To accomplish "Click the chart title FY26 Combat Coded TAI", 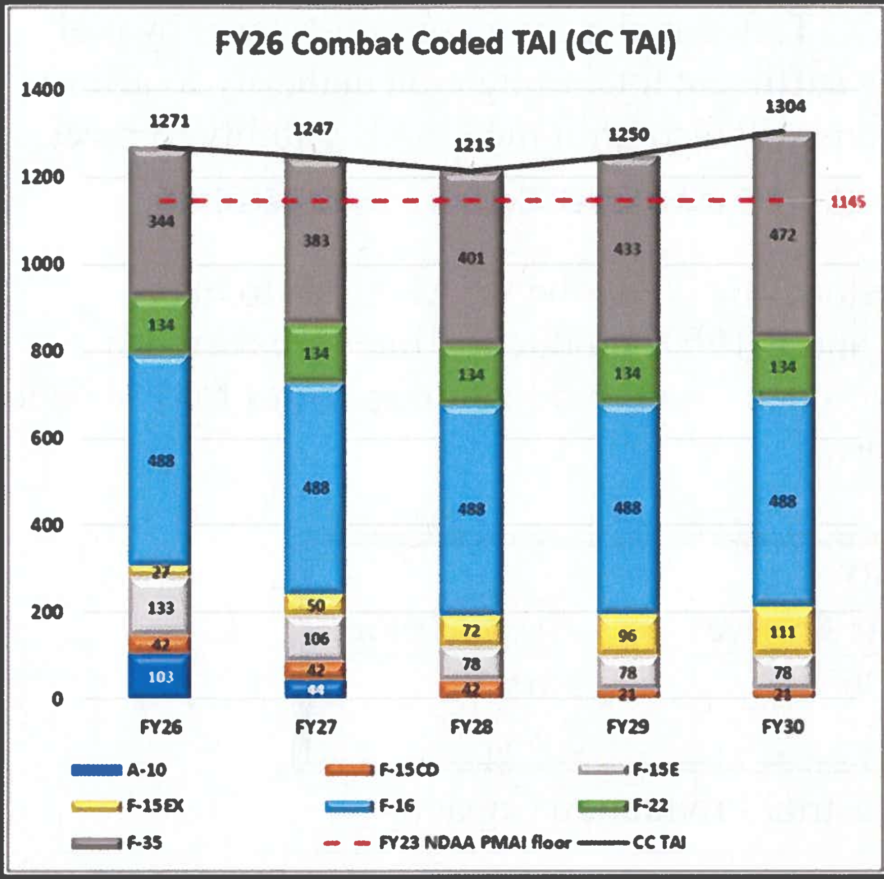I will [x=446, y=44].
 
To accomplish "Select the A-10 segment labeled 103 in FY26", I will [x=160, y=676].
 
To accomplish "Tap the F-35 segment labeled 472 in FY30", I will [x=783, y=235].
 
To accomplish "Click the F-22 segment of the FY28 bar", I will [x=471, y=375].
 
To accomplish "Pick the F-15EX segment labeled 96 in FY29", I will [x=628, y=635].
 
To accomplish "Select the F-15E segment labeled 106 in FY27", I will [x=316, y=638].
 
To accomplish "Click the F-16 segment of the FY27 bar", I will [x=316, y=488].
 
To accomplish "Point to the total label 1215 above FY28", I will [x=474, y=146].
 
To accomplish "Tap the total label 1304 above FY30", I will [x=785, y=107].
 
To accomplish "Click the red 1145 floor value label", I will [x=848, y=202].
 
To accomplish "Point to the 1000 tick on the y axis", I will [x=43, y=264].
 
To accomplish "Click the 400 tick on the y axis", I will [x=47, y=525].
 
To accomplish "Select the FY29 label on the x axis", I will [x=627, y=727].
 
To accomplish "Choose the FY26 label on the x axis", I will [x=160, y=727].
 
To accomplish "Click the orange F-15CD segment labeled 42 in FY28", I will [x=471, y=689].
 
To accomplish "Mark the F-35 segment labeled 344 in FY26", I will [x=160, y=221].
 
